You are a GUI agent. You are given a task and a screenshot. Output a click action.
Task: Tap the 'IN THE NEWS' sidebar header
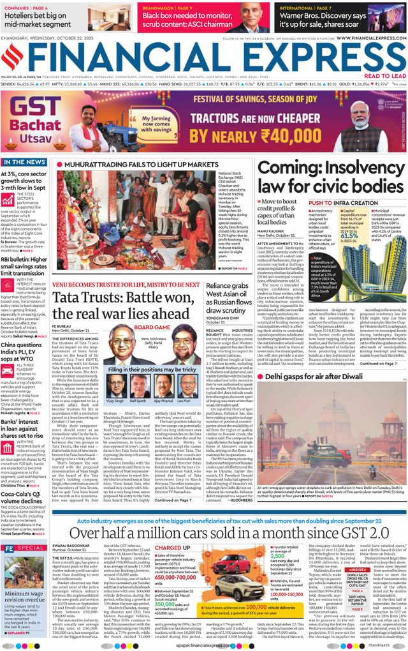23,162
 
